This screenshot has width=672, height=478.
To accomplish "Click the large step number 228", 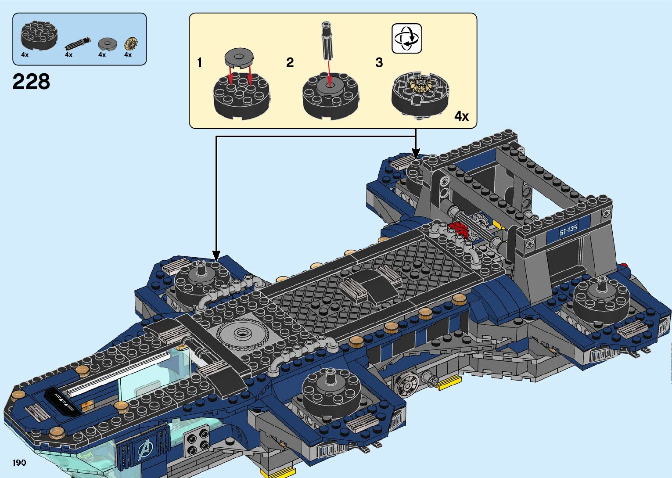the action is (x=31, y=82).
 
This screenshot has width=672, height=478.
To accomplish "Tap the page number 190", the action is (x=19, y=463).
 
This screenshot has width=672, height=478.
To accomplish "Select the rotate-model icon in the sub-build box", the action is (x=406, y=39).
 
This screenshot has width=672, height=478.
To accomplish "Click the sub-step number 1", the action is (x=200, y=63).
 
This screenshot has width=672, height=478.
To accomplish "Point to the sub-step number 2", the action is (x=290, y=63).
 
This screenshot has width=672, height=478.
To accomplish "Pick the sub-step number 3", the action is (x=379, y=63).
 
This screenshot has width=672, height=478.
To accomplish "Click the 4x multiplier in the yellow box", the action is (x=461, y=116).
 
